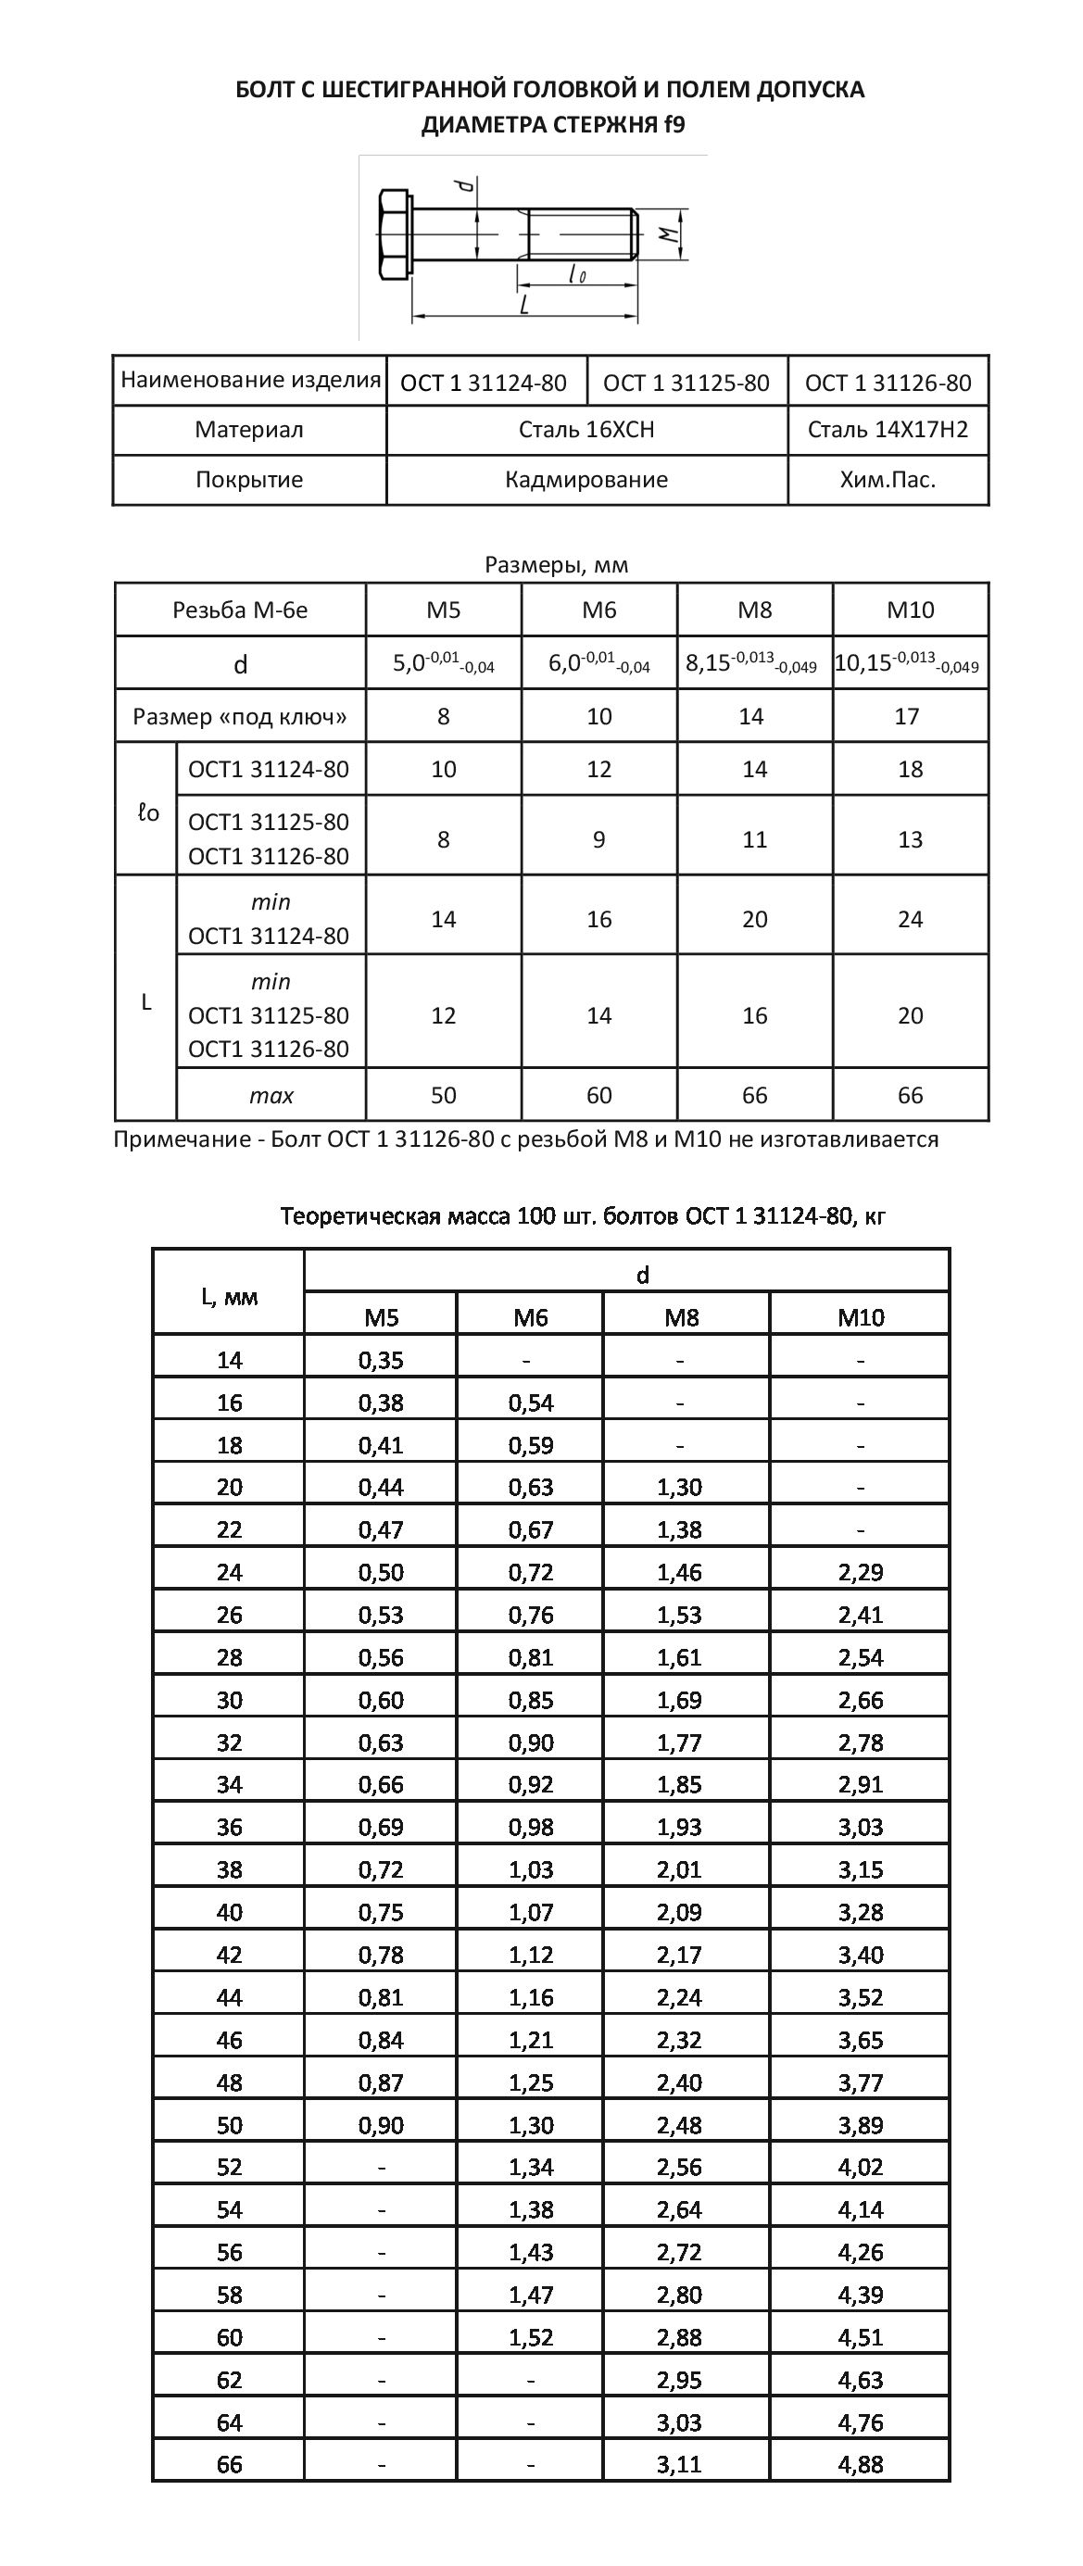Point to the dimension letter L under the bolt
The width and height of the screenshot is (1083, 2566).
click(x=525, y=304)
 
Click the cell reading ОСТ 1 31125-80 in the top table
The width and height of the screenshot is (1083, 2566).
click(x=686, y=384)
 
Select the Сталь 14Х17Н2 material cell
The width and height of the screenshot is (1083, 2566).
click(x=887, y=431)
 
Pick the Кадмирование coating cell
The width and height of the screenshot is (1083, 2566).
click(x=586, y=480)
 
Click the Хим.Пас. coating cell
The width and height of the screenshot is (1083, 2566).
click(x=887, y=480)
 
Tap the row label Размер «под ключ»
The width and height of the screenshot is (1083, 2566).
click(x=240, y=717)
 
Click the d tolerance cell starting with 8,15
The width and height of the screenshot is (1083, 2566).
click(x=752, y=663)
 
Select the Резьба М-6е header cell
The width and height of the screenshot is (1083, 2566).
click(x=240, y=610)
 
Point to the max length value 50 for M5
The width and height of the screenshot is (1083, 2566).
click(x=444, y=1096)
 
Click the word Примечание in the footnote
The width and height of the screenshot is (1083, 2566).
click(x=182, y=1138)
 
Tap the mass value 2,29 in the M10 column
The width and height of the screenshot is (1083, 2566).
click(x=861, y=1572)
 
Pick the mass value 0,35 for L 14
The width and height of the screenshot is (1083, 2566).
click(x=381, y=1360)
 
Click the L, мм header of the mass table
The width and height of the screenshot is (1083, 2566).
click(x=229, y=1296)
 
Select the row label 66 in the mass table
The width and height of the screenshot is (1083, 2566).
click(x=229, y=2464)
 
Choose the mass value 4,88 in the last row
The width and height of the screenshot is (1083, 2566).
click(x=861, y=2464)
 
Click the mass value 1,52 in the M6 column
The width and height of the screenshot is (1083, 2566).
click(x=530, y=2337)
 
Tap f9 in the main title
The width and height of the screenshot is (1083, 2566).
click(x=674, y=124)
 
